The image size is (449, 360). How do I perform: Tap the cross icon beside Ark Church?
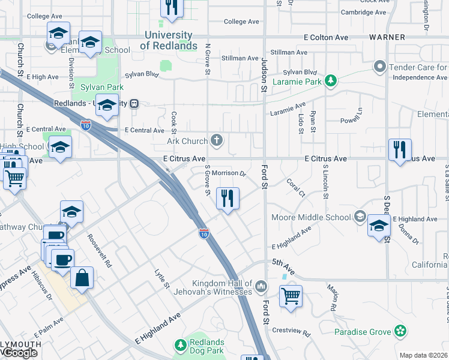[x=217, y=141]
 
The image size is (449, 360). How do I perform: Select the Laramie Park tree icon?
[x=330, y=80]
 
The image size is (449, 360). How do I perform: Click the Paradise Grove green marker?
[x=400, y=331]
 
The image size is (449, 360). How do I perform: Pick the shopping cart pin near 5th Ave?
[x=291, y=296]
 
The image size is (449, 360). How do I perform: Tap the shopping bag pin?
[x=82, y=278]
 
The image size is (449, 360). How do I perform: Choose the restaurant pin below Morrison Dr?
[x=227, y=199]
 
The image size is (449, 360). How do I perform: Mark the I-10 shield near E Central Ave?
[x=86, y=125]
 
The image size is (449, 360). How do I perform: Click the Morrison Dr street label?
[x=229, y=173]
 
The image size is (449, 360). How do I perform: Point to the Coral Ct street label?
[x=296, y=187]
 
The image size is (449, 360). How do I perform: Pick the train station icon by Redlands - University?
[x=136, y=103]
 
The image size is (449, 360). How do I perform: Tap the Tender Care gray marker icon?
[x=379, y=67]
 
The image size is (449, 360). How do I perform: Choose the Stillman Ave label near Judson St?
[x=240, y=58]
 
